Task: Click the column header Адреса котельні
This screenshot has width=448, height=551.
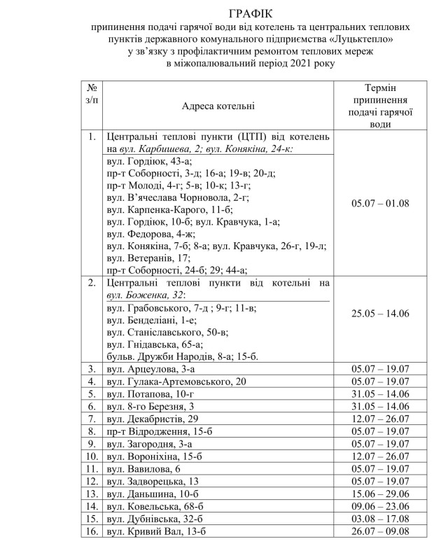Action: tap(218, 106)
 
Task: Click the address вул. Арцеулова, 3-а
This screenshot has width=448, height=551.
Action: tap(146, 368)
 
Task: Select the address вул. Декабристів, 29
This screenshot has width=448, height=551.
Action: tap(150, 419)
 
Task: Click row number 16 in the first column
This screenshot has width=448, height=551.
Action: tap(92, 532)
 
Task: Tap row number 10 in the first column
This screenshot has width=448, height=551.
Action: tap(92, 456)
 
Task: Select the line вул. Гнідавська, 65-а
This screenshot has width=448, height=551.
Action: tap(154, 344)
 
